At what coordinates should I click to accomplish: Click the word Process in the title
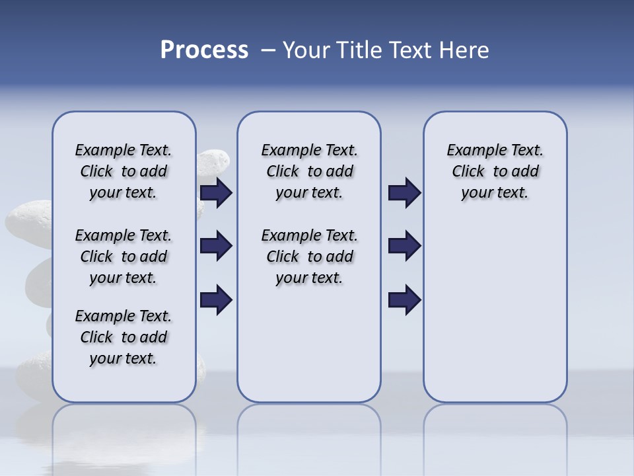tap(204, 50)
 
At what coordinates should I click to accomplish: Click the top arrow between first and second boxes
tap(216, 192)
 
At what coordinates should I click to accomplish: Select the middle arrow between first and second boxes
tap(216, 246)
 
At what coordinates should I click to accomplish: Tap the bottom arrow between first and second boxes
tap(216, 299)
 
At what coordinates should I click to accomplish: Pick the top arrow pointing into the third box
tap(404, 192)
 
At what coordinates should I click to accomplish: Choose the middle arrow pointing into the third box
tap(404, 246)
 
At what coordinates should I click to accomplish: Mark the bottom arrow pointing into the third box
tap(404, 299)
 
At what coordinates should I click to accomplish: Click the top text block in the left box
tap(123, 171)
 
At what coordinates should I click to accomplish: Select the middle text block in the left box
tap(123, 257)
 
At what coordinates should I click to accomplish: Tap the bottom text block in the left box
tap(123, 337)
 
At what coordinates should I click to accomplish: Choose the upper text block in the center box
tap(309, 171)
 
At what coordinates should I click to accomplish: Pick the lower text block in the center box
tap(309, 257)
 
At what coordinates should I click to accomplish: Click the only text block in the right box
tap(495, 171)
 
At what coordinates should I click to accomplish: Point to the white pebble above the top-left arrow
tap(213, 161)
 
